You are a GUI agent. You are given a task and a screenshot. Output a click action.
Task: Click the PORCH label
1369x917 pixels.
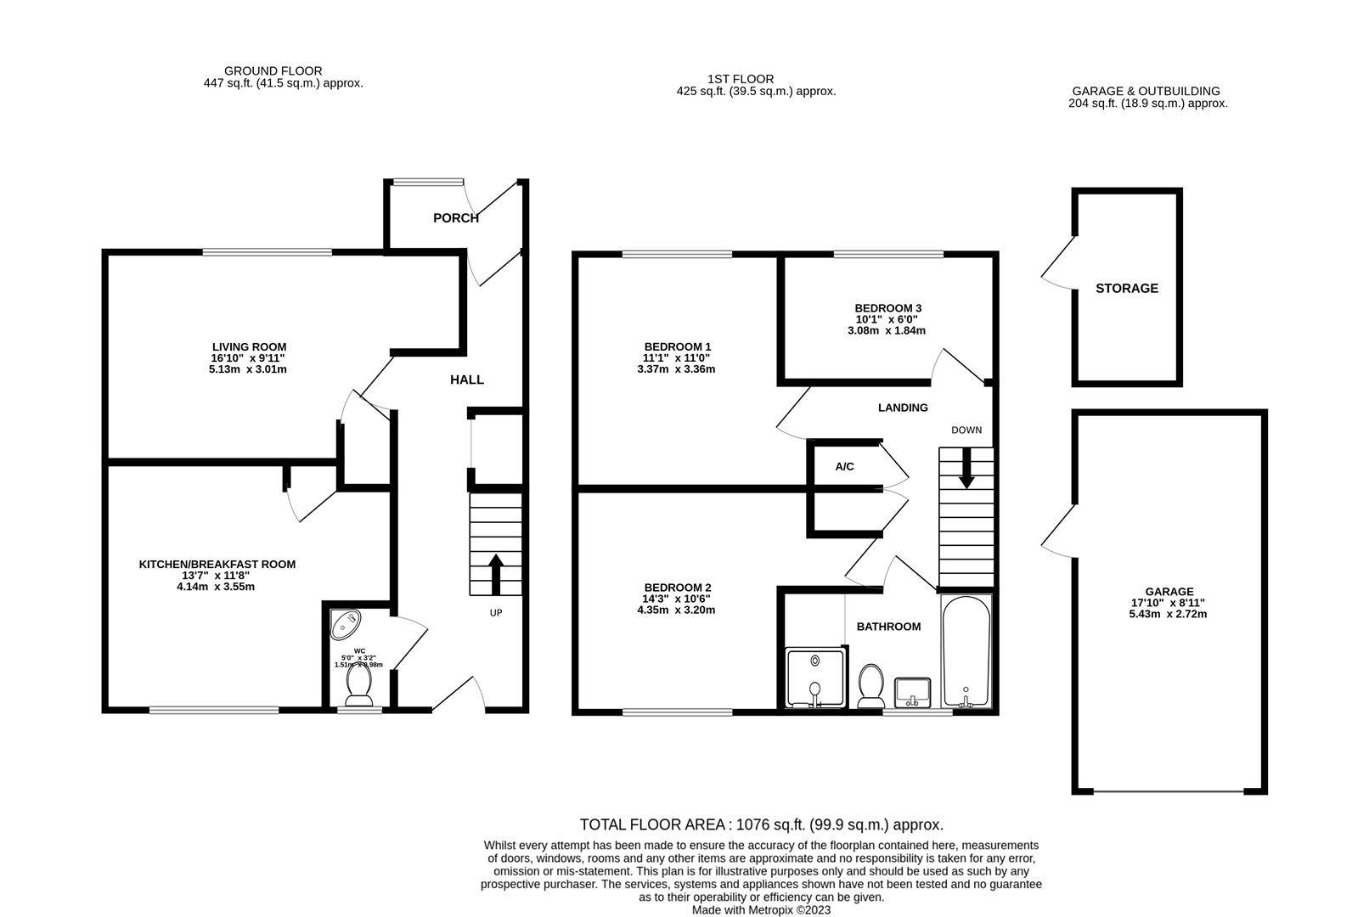tap(456, 218)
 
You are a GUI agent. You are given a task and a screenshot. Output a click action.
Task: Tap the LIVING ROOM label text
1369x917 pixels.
tap(249, 347)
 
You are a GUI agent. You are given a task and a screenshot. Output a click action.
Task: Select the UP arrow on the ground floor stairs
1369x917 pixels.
tap(495, 573)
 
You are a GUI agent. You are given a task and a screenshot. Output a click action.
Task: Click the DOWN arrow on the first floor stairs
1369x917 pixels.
tap(966, 469)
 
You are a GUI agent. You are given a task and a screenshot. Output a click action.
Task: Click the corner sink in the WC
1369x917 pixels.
tap(346, 625)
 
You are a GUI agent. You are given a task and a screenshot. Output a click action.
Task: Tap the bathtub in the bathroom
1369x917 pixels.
tap(966, 650)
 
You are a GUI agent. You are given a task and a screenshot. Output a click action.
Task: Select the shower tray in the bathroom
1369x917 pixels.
tap(815, 677)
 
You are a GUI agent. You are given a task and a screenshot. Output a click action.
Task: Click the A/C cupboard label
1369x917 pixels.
tap(844, 467)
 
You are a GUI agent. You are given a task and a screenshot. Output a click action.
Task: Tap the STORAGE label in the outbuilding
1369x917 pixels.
tap(1126, 289)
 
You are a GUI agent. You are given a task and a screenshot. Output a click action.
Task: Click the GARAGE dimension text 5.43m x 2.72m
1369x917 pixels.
tap(1169, 614)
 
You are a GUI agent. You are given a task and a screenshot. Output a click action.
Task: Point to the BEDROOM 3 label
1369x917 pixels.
tap(887, 308)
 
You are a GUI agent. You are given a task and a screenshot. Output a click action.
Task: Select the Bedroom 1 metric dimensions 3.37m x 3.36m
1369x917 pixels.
tap(677, 369)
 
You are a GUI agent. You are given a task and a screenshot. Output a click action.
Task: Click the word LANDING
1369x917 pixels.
tap(903, 408)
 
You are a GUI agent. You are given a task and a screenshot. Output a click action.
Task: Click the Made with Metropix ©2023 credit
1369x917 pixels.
tap(761, 909)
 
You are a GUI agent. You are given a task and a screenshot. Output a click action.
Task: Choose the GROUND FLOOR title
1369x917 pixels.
tap(273, 71)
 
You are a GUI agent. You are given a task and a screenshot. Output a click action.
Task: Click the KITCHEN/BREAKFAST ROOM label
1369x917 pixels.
tap(217, 565)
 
